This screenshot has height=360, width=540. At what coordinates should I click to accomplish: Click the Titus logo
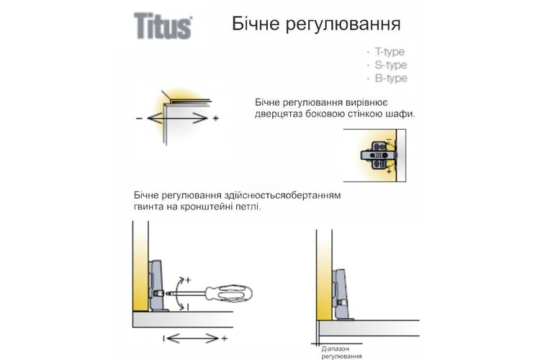point(163,25)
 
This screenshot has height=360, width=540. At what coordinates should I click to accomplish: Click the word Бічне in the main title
point(256,24)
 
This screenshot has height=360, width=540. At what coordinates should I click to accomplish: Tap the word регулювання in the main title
point(343,24)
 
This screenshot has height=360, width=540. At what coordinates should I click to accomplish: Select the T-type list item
point(389,52)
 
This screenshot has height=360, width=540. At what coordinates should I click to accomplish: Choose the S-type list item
point(390,65)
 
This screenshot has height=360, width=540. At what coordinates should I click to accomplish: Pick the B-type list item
point(391,78)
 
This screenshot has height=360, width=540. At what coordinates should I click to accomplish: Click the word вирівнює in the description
point(365,103)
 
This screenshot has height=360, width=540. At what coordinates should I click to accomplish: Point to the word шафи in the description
point(405,114)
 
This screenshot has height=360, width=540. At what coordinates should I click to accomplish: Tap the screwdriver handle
point(229,294)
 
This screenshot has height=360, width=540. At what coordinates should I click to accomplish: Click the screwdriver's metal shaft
point(186,294)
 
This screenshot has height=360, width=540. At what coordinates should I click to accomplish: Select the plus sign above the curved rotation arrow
point(188,280)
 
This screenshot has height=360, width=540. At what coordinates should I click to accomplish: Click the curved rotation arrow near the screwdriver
point(178,294)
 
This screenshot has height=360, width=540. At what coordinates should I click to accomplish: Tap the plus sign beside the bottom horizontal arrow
point(224,338)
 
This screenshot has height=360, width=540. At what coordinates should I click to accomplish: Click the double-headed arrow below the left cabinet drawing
point(192,338)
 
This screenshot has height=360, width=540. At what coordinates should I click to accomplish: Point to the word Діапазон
point(335,349)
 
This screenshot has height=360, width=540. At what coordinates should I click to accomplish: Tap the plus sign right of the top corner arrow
point(216,119)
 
